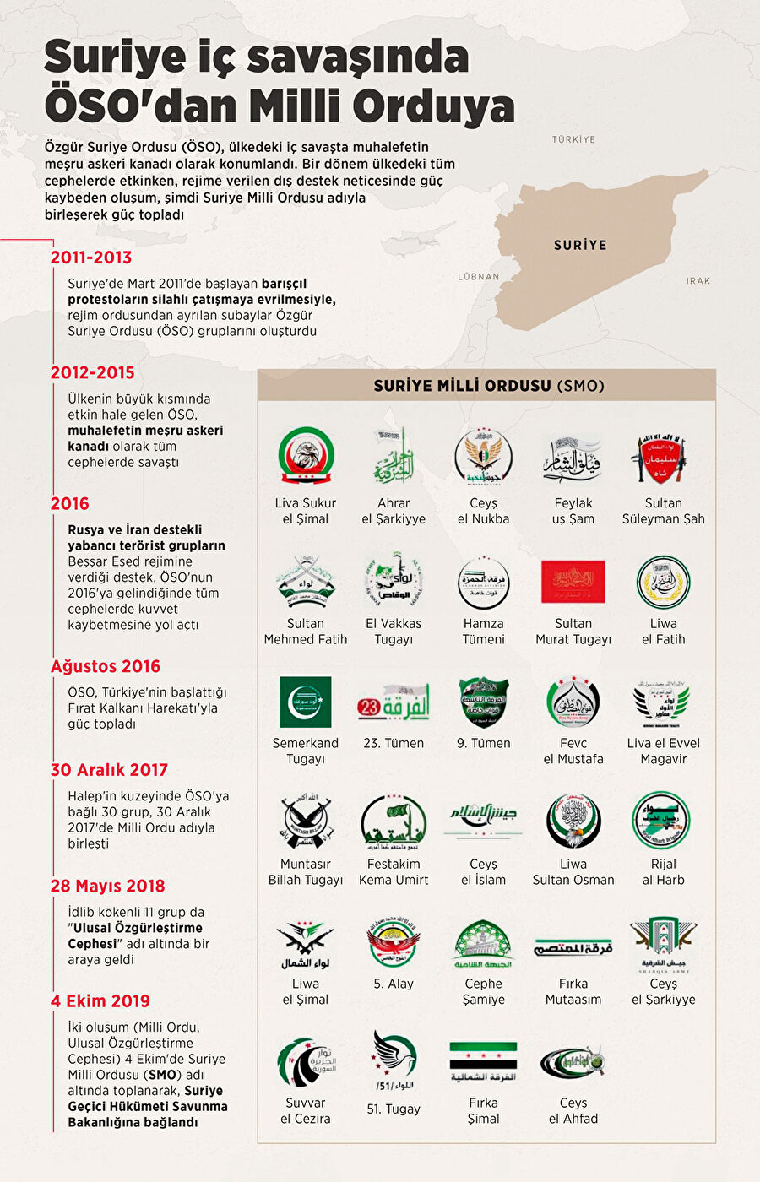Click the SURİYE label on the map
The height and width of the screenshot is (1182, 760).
(x=580, y=245)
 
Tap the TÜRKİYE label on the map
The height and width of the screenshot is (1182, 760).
(x=573, y=139)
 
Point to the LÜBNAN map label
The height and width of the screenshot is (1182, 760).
(x=479, y=276)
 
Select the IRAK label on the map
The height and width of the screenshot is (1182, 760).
(x=698, y=281)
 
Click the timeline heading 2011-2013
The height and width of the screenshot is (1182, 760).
(x=91, y=258)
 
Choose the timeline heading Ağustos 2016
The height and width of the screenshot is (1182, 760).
(x=106, y=666)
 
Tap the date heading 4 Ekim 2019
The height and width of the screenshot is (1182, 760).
(x=100, y=1000)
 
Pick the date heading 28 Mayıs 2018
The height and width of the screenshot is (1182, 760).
(x=108, y=886)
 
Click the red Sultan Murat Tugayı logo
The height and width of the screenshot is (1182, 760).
(x=573, y=582)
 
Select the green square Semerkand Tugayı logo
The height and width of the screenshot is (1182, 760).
(x=306, y=702)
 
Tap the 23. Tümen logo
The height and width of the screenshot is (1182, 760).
(x=394, y=702)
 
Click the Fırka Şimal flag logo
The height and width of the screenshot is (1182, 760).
(x=483, y=1061)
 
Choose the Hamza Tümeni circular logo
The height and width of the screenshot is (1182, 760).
(x=483, y=582)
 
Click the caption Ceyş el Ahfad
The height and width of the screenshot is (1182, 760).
(x=573, y=1110)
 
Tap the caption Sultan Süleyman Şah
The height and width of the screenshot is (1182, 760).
(x=664, y=511)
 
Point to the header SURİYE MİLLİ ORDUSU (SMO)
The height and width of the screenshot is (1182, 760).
(x=489, y=386)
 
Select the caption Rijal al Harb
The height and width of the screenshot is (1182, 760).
(x=664, y=871)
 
